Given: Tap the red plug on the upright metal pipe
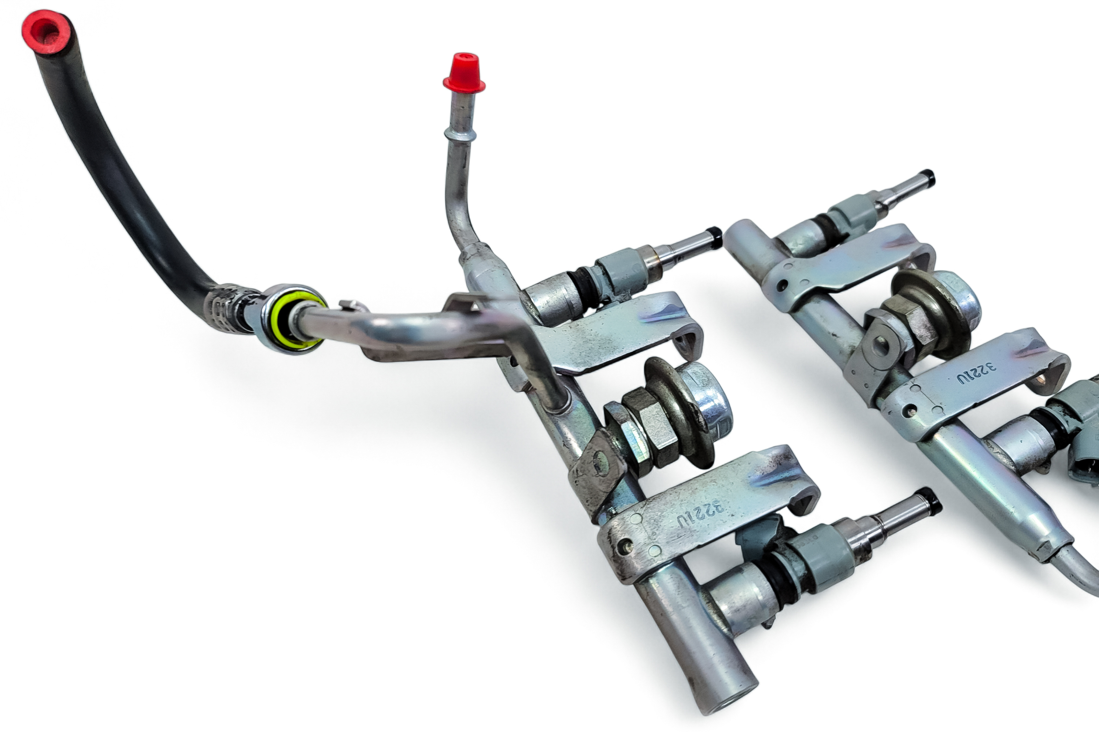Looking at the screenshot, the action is [464, 74].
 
